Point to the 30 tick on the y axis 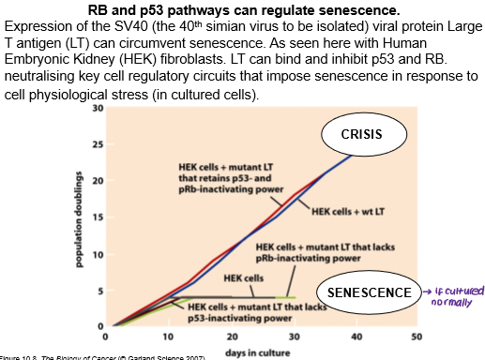coord(98,110)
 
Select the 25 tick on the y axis coord(98,145)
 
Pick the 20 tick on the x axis coord(230,337)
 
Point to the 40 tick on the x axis coord(354,337)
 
